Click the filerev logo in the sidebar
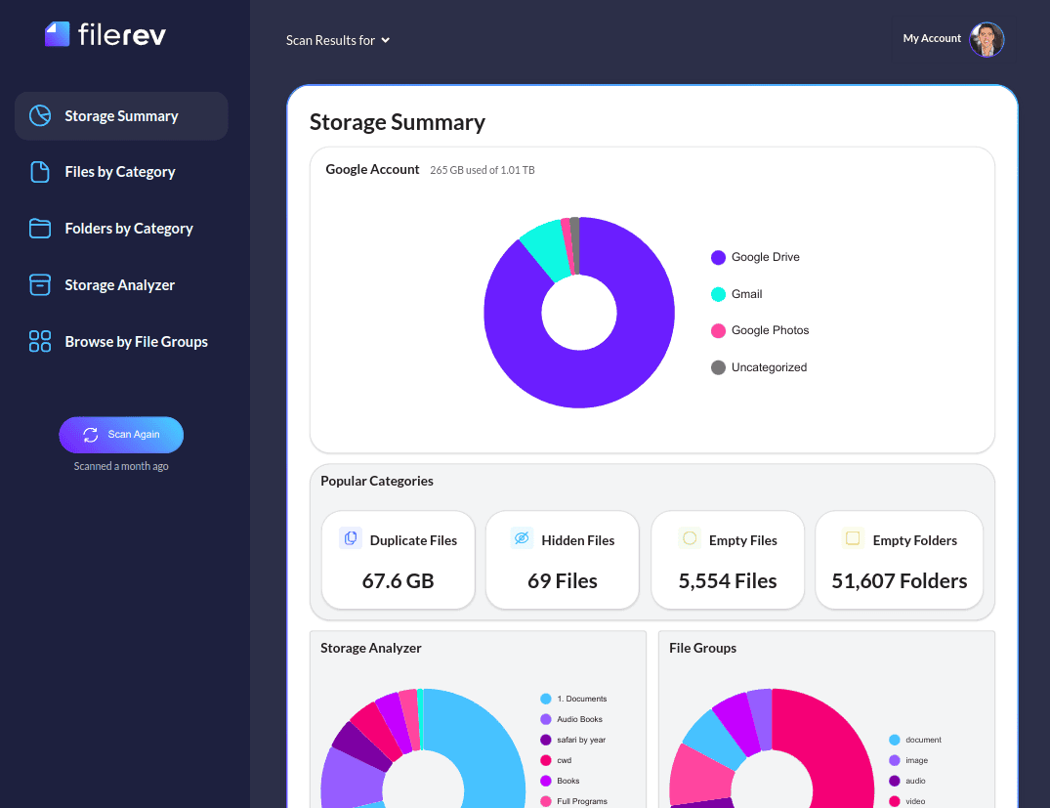pos(105,34)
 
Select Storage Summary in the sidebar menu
pos(121,116)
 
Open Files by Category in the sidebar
pos(119,172)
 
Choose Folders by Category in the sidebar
pos(128,229)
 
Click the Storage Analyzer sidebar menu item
pos(119,285)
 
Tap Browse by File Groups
pos(136,342)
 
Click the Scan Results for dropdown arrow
pos(386,40)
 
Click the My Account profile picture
pos(986,39)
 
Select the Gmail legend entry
pos(746,294)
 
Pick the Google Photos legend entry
pos(770,330)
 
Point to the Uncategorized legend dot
pos(718,367)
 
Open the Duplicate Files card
pos(398,560)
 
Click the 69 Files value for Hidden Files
pos(562,581)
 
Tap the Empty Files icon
pos(690,538)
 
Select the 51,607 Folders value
pos(899,581)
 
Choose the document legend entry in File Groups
pos(922,740)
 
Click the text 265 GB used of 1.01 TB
pos(483,170)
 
